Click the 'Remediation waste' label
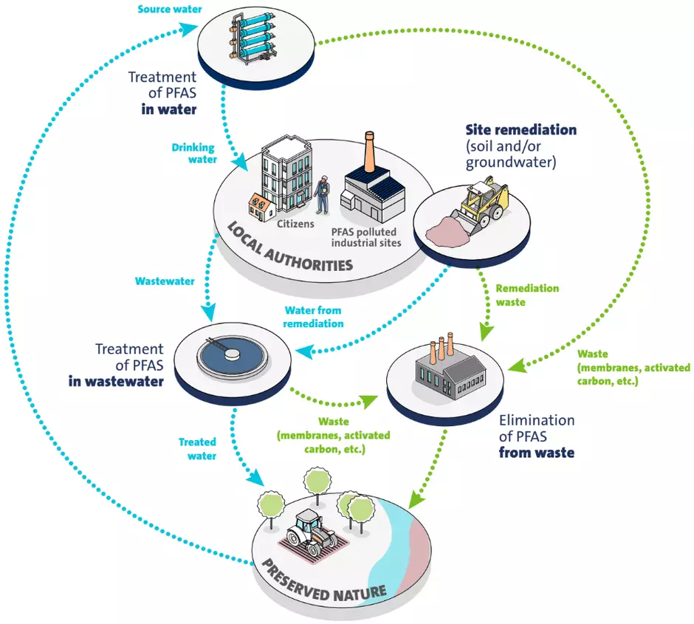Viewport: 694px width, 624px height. click(526, 295)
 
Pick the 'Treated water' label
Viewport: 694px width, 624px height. click(197, 449)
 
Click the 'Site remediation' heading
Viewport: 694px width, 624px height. click(520, 130)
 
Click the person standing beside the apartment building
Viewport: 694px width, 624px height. click(321, 193)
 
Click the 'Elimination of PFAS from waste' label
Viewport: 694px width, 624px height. click(537, 436)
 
